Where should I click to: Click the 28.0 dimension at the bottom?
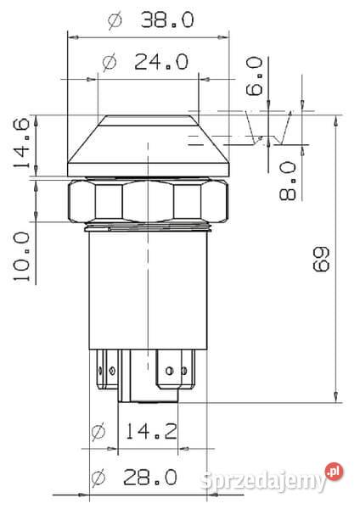coord(149,477)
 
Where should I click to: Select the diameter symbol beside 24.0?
coord(109,62)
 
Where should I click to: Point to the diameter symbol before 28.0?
coord(97,477)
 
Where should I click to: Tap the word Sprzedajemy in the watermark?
coord(263,482)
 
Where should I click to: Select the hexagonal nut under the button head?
coord(148,202)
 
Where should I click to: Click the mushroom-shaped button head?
coord(148,144)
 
